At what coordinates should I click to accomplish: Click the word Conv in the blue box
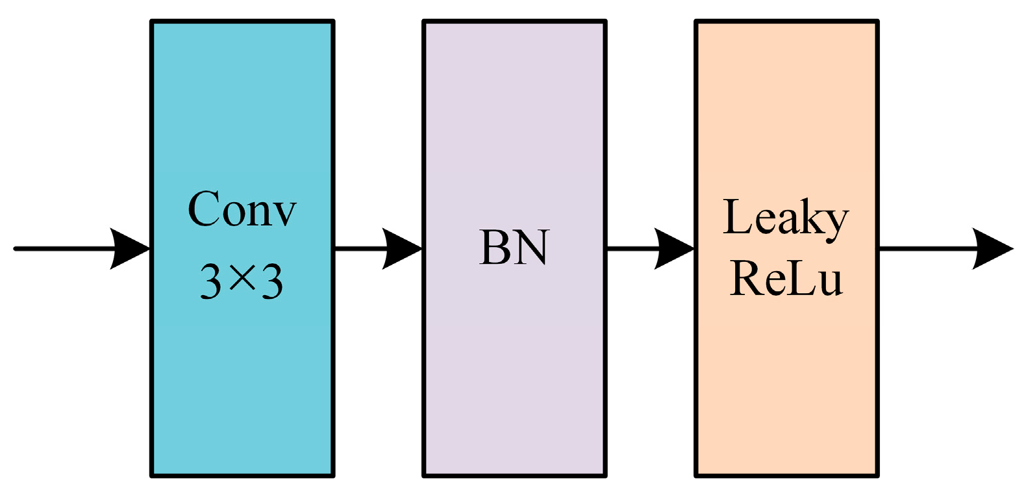242,209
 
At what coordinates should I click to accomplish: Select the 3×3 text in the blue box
242,281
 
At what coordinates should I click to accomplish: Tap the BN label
514,248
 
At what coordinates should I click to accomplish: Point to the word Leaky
786,218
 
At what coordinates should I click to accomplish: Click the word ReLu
786,278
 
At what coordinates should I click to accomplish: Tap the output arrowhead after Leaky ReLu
992,248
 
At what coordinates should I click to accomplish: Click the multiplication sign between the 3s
242,279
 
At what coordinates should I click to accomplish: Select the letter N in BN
531,248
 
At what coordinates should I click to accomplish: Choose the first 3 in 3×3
210,281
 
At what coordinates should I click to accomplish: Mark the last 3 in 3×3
272,281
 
